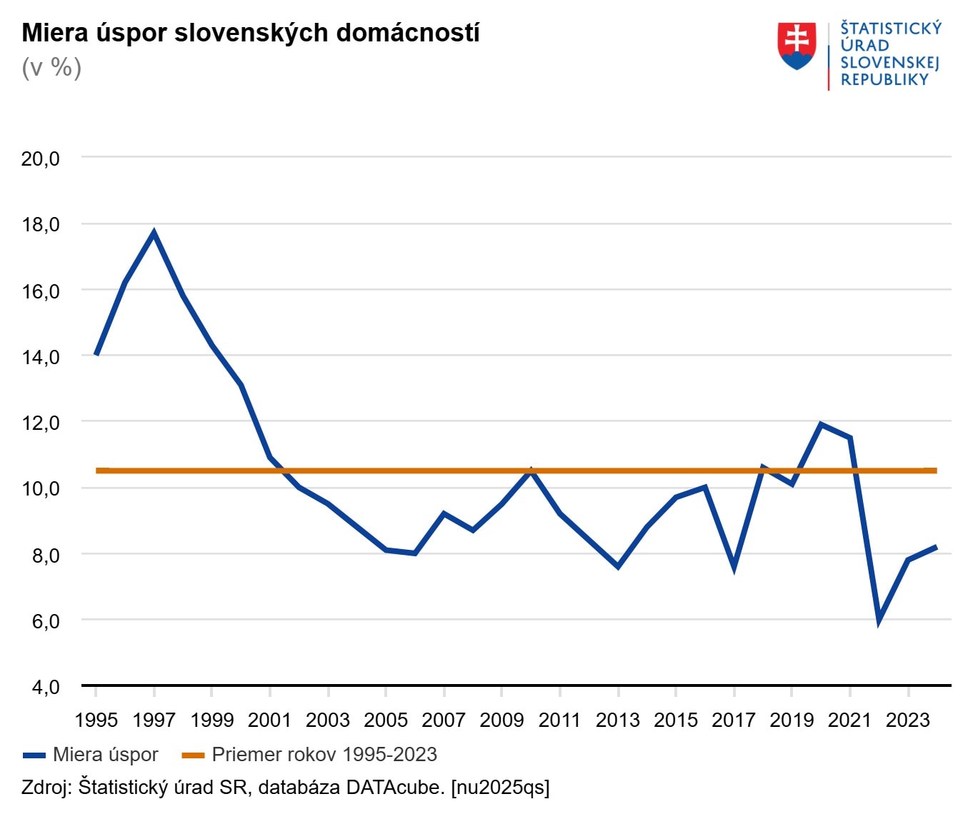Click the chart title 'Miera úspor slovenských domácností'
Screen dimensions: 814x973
click(x=250, y=33)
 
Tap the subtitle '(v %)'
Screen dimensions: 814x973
click(x=51, y=68)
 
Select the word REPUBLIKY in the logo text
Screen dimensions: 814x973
click(x=884, y=80)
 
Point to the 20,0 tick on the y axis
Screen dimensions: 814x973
click(x=41, y=159)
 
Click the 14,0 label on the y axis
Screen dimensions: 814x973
click(x=41, y=357)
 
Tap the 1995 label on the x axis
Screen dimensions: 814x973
click(x=96, y=720)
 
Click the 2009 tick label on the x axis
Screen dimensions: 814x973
click(x=502, y=720)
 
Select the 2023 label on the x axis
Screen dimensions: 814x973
click(x=907, y=720)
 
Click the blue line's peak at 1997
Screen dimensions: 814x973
click(x=154, y=233)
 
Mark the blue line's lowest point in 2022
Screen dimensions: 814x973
click(x=879, y=620)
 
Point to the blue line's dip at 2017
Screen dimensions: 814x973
click(x=734, y=568)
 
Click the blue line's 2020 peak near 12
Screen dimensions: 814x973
click(x=821, y=425)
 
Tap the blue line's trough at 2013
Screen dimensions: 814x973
click(x=618, y=566)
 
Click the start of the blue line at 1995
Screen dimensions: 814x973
click(x=96, y=354)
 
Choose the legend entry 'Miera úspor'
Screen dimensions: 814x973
click(x=105, y=755)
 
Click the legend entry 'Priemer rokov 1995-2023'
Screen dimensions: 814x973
click(x=324, y=755)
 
